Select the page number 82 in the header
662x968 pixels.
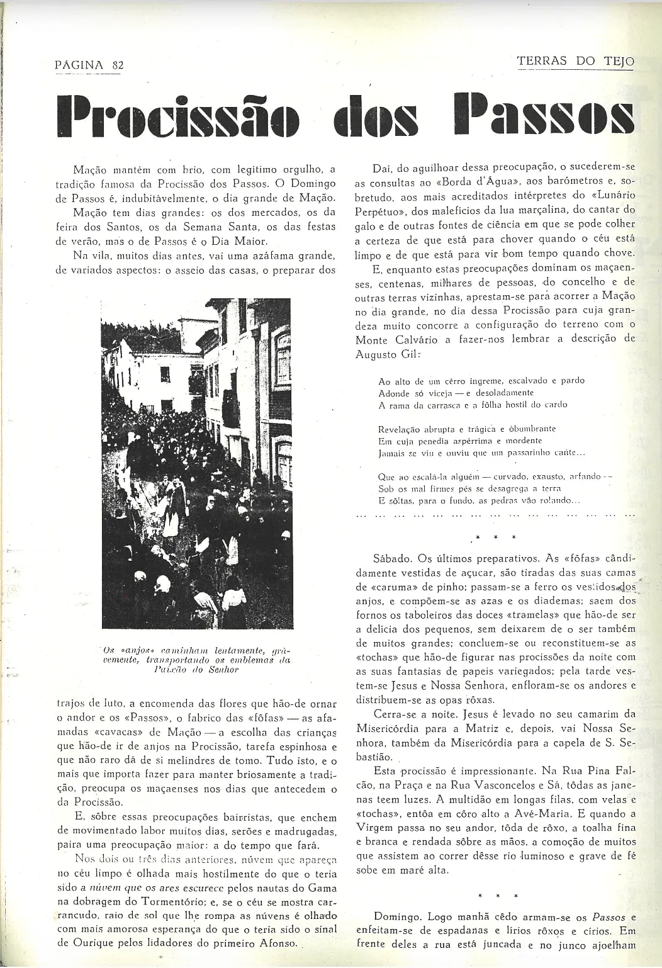coord(117,65)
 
